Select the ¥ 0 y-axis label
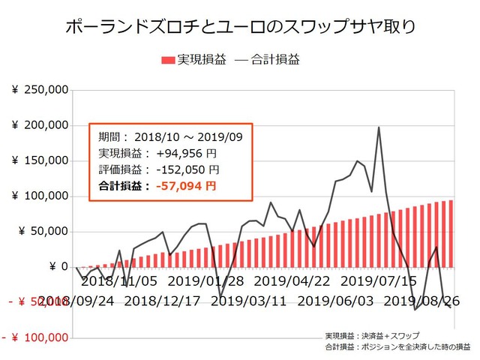click(59, 267)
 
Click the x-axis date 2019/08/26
click(421, 301)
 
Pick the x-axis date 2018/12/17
click(162, 301)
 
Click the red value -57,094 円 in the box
click(187, 185)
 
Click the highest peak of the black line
click(379, 127)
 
